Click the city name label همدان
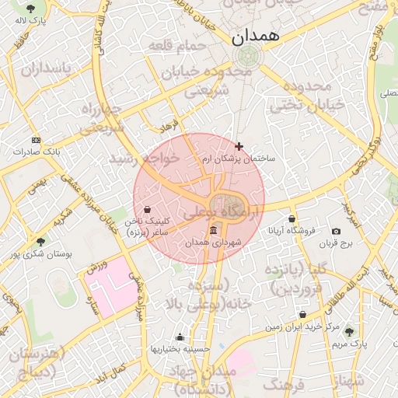pos(248,35)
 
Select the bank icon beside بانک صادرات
pos(35,140)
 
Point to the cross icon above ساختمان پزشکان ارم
pos(239,146)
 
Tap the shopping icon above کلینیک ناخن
pos(148,208)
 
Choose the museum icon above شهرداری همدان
pos(214,231)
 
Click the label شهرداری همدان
pos(214,243)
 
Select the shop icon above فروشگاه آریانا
pos(292,219)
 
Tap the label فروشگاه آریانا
pos(292,231)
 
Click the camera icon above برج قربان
pos(336,232)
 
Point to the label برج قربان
pos(336,243)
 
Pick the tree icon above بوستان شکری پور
pos(40,242)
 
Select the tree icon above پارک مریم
pos(348,331)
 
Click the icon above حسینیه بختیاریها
pos(180,337)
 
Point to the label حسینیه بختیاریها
pos(180,349)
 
